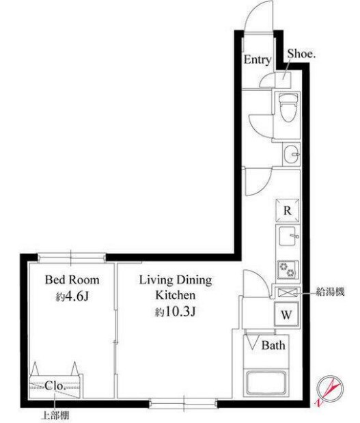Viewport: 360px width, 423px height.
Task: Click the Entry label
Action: pyautogui.click(x=258, y=60)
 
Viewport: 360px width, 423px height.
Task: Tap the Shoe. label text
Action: pyautogui.click(x=301, y=54)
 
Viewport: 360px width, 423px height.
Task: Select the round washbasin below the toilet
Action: pyautogui.click(x=291, y=154)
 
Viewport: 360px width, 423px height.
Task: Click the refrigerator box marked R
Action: pyautogui.click(x=288, y=210)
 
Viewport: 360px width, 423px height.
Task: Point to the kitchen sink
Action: pyautogui.click(x=288, y=236)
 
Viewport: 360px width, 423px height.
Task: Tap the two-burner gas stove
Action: pyautogui.click(x=288, y=269)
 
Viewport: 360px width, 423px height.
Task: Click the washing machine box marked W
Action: pyautogui.click(x=287, y=314)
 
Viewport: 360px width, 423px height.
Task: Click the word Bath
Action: pyautogui.click(x=273, y=345)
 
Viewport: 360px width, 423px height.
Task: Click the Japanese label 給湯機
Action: pyautogui.click(x=330, y=292)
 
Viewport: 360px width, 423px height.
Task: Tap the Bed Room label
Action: pyautogui.click(x=72, y=279)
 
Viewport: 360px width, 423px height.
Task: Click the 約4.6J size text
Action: pyautogui.click(x=72, y=297)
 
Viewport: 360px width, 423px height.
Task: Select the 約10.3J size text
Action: pyautogui.click(x=176, y=312)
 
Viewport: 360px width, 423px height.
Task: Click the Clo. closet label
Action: pyautogui.click(x=55, y=386)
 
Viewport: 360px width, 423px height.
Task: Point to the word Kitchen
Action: pyautogui.click(x=176, y=295)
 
